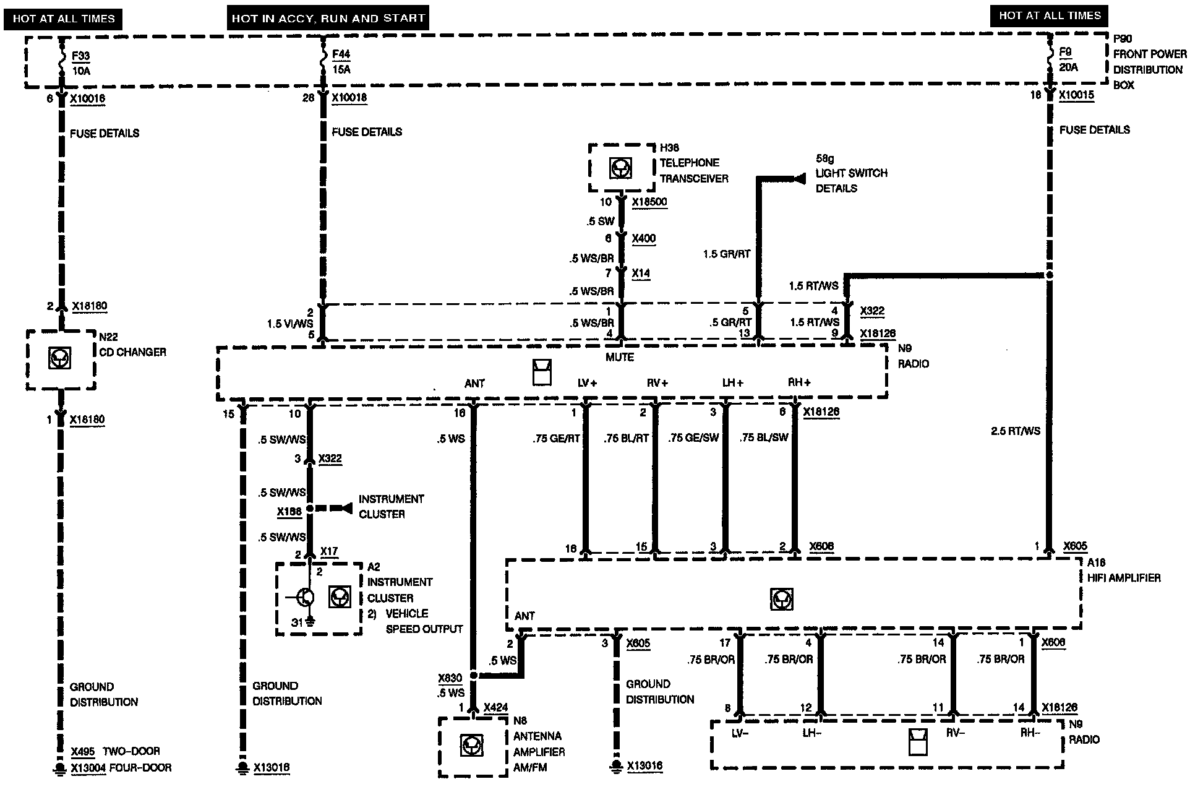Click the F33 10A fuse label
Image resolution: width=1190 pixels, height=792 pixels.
coord(80,62)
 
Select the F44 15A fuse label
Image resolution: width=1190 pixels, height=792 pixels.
coord(341,62)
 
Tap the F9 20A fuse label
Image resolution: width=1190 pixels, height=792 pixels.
coord(1068,59)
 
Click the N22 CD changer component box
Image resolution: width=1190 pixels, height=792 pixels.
coord(61,359)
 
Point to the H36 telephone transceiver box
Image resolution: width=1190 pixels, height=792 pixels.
coord(621,168)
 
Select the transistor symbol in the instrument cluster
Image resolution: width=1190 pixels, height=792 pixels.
coord(304,598)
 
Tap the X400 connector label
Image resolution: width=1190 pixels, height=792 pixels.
coord(643,238)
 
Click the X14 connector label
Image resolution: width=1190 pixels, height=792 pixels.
coord(641,273)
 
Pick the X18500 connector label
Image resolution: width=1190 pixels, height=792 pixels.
coord(649,202)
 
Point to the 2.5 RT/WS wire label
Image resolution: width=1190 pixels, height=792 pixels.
coord(1016,431)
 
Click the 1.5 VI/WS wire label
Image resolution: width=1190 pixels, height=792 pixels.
coord(290,324)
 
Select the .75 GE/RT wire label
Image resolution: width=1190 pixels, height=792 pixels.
coord(556,439)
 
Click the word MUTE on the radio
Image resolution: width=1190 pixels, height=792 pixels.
coord(620,357)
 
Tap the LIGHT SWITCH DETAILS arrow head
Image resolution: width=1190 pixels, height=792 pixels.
coord(800,179)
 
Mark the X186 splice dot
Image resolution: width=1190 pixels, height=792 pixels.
coord(310,509)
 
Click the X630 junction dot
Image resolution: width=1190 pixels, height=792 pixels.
coord(473,676)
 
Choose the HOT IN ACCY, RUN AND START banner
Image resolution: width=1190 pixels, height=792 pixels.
coord(328,19)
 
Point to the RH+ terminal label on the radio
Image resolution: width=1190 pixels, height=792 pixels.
coord(799,383)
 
